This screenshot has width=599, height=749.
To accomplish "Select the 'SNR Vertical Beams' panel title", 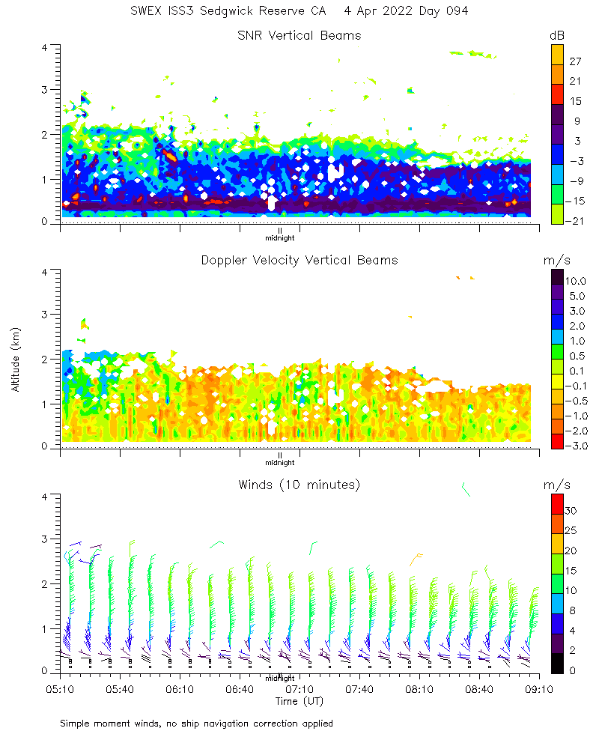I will point(299,35).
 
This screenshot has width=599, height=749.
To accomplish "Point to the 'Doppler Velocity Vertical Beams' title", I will point(299,260).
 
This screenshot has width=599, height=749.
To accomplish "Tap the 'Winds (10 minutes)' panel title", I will point(299,485).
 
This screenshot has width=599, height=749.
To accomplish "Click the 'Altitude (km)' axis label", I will point(16,360).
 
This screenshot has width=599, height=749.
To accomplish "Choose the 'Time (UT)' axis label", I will point(299,701).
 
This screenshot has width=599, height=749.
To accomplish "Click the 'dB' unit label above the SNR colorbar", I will point(556,36).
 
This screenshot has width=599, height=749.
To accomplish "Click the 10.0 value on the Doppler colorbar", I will point(576,281).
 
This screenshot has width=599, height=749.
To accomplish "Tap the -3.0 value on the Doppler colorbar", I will point(576,446).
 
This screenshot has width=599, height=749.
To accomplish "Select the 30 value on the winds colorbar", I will point(572,510).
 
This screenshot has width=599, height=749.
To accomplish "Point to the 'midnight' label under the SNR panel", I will point(279,238).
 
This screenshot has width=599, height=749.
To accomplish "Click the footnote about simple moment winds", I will point(196,724).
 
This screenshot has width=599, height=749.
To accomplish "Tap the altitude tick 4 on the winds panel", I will point(46,497).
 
